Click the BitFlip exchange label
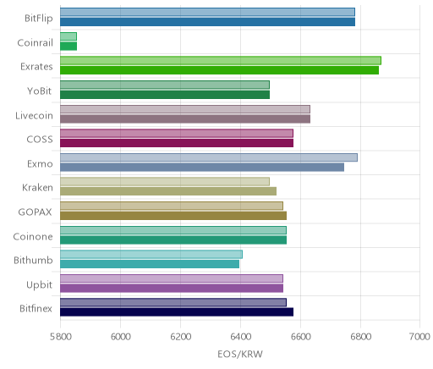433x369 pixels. pyautogui.click(x=39, y=19)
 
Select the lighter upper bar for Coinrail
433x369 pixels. pyautogui.click(x=69, y=36)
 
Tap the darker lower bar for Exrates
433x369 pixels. pyautogui.click(x=219, y=70)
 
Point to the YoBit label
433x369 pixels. pyautogui.click(x=39, y=91)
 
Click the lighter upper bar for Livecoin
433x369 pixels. pyautogui.click(x=185, y=109)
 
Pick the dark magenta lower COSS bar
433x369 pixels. pyautogui.click(x=177, y=143)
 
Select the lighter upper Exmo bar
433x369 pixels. pyautogui.click(x=209, y=157)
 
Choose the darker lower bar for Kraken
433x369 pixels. pyautogui.click(x=168, y=191)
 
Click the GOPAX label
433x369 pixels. pyautogui.click(x=35, y=212)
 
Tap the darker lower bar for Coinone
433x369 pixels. pyautogui.click(x=173, y=240)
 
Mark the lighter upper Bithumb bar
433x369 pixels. pyautogui.click(x=151, y=254)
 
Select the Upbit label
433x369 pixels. pyautogui.click(x=39, y=285)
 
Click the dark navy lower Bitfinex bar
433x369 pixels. pyautogui.click(x=177, y=312)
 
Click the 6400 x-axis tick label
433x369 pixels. pyautogui.click(x=240, y=337)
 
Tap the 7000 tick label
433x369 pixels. pyautogui.click(x=419, y=337)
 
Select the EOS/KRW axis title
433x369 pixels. pyautogui.click(x=240, y=354)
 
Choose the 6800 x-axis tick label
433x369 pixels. pyautogui.click(x=360, y=337)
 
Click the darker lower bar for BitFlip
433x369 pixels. pyautogui.click(x=207, y=22)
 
